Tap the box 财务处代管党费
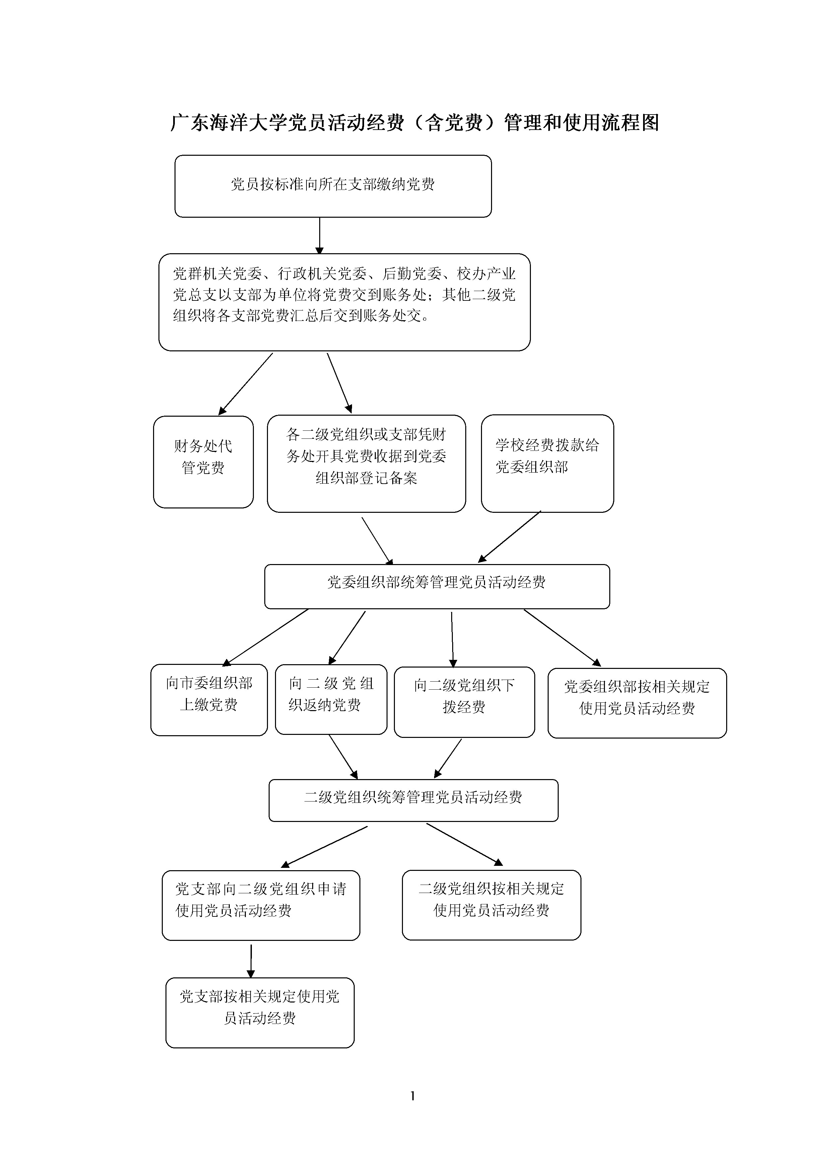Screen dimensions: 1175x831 coord(203,461)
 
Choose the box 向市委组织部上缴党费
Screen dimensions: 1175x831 coord(209,700)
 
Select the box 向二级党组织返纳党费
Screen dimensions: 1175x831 coord(331,699)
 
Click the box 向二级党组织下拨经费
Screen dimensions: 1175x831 coord(464,702)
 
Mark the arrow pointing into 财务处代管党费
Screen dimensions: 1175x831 coord(246,384)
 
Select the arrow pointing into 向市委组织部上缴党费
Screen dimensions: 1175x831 coord(266,637)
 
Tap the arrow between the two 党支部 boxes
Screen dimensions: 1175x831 coord(251,961)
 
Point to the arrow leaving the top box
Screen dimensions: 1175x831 coord(319,235)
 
